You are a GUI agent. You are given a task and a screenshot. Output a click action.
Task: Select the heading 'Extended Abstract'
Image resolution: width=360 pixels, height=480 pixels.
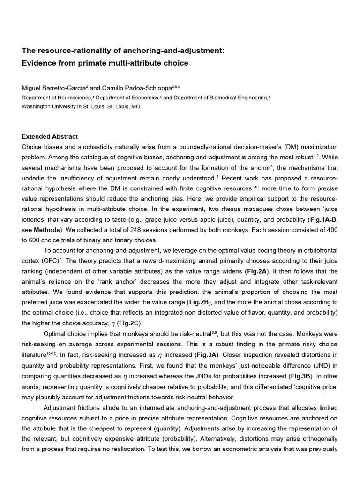(x=50, y=137)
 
